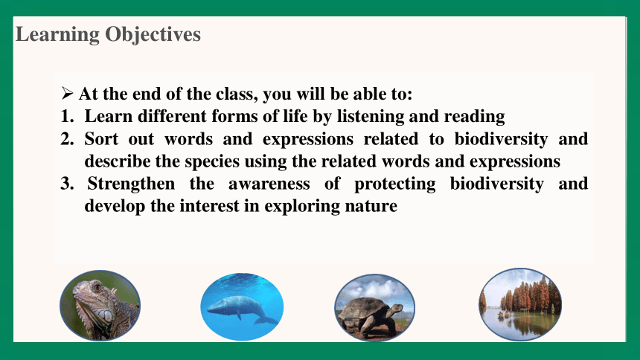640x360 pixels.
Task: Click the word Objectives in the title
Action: [x=153, y=35]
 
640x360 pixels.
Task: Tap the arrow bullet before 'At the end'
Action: [x=67, y=94]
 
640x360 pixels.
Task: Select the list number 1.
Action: [x=67, y=116]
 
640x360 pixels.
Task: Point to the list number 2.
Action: [x=67, y=139]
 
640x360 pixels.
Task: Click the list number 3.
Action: [x=67, y=184]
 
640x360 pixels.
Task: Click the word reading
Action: [x=474, y=117]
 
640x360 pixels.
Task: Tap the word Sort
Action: [x=101, y=139]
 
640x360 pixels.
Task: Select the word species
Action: [x=212, y=162]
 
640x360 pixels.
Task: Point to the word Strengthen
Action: [x=131, y=184]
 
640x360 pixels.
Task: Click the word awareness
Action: [x=269, y=184]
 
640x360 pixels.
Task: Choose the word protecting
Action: [x=394, y=184]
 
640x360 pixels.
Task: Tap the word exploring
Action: [x=302, y=207]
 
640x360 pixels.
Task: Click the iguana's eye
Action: [x=97, y=287]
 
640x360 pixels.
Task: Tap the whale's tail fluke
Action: [x=265, y=320]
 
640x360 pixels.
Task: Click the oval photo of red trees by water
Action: [x=520, y=304]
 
